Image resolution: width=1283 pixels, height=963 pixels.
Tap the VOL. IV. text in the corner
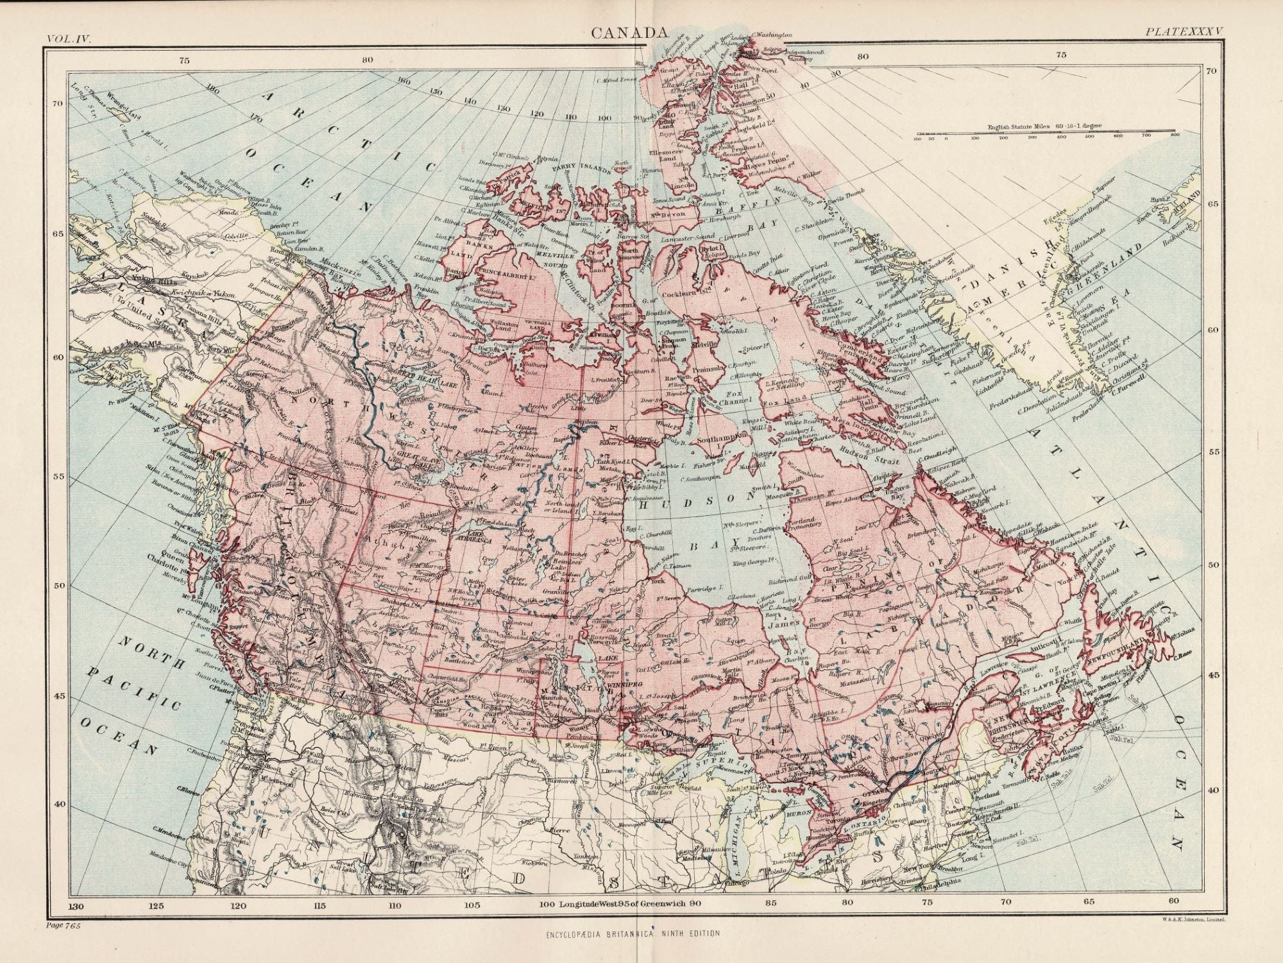[x=69, y=38]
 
